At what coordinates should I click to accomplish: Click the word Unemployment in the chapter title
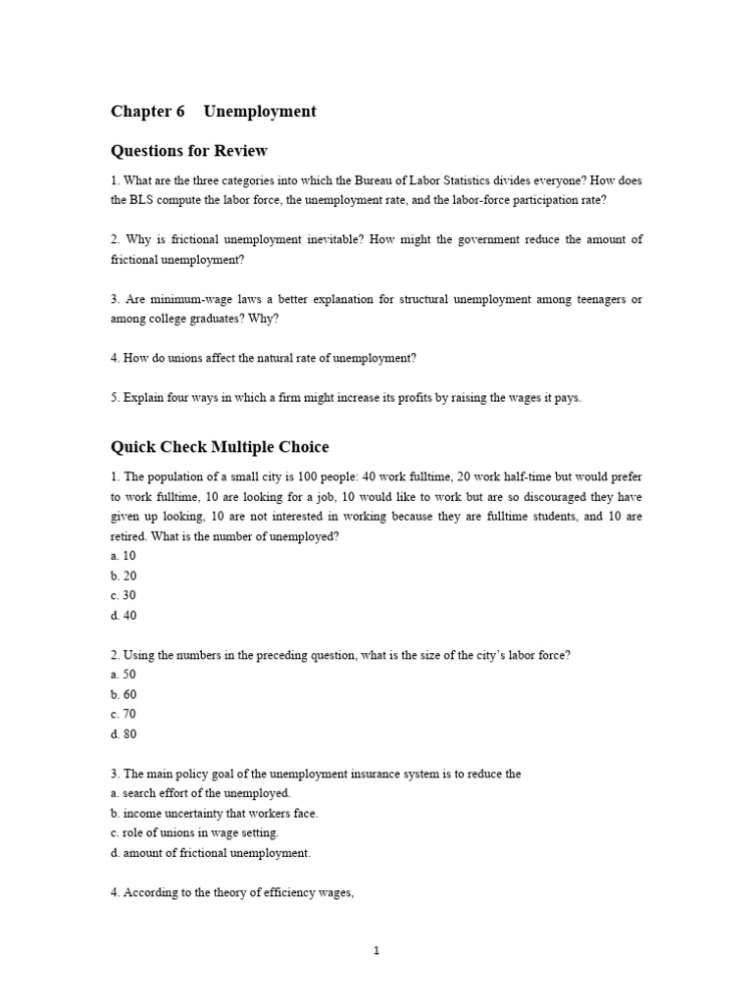(x=260, y=112)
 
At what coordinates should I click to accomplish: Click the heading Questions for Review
(x=188, y=151)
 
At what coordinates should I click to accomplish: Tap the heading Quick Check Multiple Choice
(x=220, y=447)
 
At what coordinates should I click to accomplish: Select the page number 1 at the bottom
(x=376, y=950)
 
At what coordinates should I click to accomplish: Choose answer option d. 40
(x=124, y=616)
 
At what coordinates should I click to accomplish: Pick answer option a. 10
(x=124, y=556)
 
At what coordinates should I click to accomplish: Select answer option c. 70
(x=124, y=715)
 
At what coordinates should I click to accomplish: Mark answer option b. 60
(x=124, y=695)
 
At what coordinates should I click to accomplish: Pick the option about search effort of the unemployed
(x=201, y=794)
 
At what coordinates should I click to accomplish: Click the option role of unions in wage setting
(x=195, y=833)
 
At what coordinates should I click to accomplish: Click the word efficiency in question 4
(x=271, y=893)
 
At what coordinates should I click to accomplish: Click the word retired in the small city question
(x=128, y=537)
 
